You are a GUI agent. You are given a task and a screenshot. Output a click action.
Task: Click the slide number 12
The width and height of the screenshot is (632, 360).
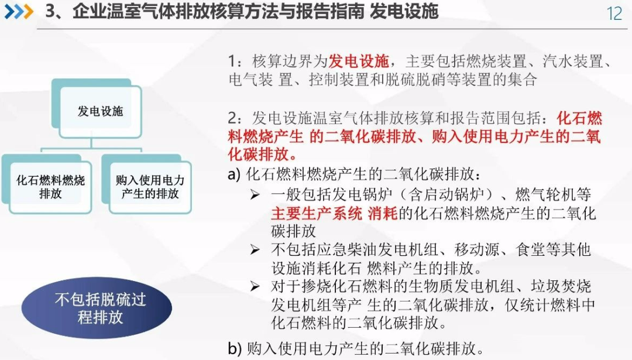(614, 13)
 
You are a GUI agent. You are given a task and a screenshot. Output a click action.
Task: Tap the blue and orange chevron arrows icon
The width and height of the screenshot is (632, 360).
(19, 11)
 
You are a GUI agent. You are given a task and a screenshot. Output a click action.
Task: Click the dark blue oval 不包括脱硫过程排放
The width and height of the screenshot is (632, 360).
(97, 307)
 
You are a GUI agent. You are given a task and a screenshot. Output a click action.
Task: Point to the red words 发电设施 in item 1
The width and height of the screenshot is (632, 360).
(358, 61)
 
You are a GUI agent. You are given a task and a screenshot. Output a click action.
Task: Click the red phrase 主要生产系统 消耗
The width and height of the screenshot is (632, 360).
(334, 213)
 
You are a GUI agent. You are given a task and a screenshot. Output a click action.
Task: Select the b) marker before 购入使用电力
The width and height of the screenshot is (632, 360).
(234, 348)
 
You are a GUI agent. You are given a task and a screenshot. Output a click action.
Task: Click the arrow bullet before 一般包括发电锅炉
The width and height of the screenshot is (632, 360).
(255, 195)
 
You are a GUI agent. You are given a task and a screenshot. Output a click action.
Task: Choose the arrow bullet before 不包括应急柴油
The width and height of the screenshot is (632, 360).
(255, 250)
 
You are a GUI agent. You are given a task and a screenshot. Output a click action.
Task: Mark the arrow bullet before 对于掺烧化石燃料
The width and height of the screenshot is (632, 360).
(255, 286)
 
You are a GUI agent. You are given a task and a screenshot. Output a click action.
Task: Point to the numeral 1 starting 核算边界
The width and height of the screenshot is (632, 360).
(231, 61)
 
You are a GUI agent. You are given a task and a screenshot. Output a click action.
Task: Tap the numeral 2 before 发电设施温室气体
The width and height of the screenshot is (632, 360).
(232, 118)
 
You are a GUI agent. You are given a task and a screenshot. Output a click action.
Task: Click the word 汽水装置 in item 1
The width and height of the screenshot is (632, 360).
(572, 61)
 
